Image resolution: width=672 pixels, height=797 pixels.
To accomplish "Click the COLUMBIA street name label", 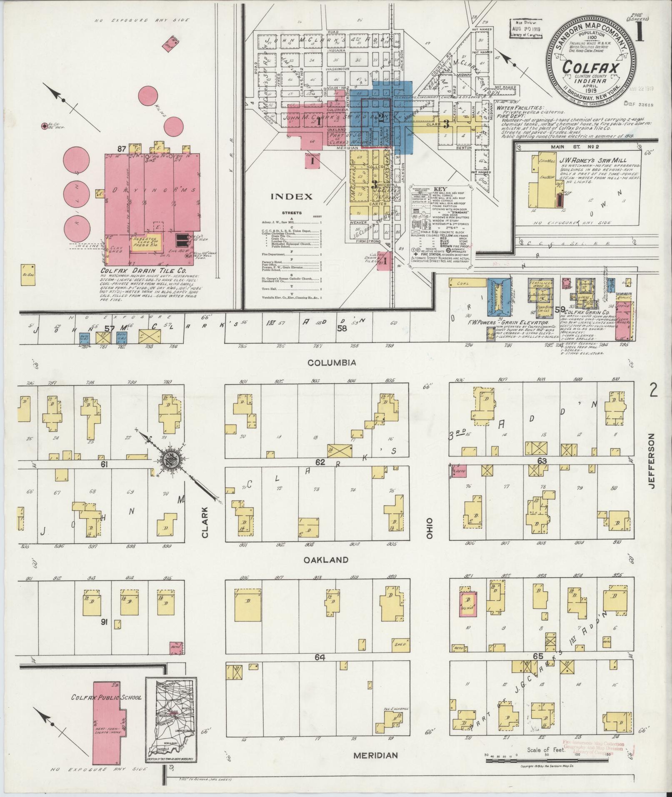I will pyautogui.click(x=332, y=362).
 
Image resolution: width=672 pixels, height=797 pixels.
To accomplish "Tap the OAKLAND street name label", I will pyautogui.click(x=332, y=560).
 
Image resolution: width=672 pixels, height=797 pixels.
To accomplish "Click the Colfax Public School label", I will pyautogui.click(x=107, y=697).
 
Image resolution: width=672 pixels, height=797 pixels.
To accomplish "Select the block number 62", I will pyautogui.click(x=320, y=462).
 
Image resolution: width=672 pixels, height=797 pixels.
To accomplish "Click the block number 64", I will pyautogui.click(x=320, y=657).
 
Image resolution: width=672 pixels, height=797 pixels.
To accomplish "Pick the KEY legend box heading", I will pyautogui.click(x=440, y=188).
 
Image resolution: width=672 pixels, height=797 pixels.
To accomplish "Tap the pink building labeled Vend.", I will pyautogui.click(x=467, y=604).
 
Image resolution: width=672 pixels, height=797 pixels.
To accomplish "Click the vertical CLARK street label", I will pyautogui.click(x=205, y=524).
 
